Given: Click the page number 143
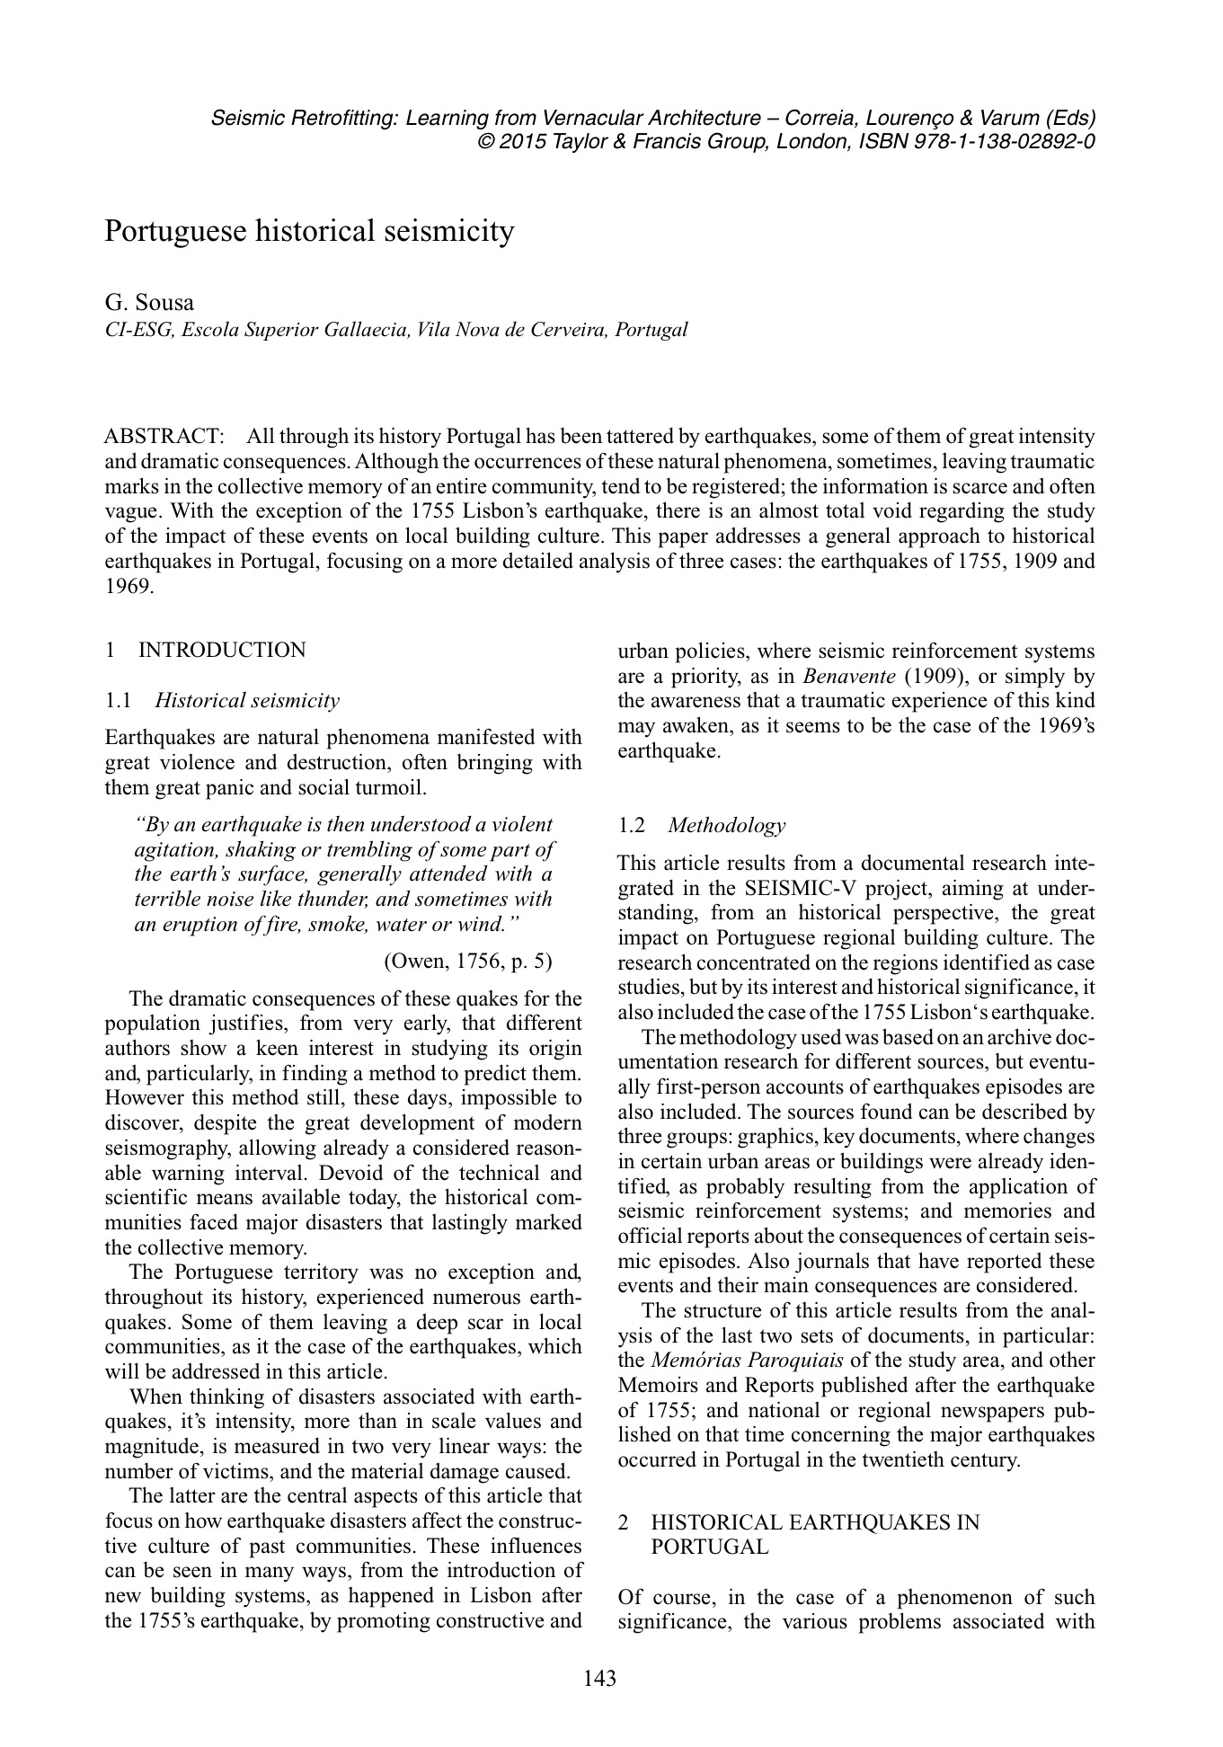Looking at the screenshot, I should tap(599, 1678).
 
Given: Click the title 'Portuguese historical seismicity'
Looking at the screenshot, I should tap(309, 231).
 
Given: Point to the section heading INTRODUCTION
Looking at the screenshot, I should tap(221, 650).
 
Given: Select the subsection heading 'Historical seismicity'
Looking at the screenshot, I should tap(247, 701).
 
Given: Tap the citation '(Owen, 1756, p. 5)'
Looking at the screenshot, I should tap(468, 962).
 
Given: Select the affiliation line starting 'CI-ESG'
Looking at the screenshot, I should tap(396, 329).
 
